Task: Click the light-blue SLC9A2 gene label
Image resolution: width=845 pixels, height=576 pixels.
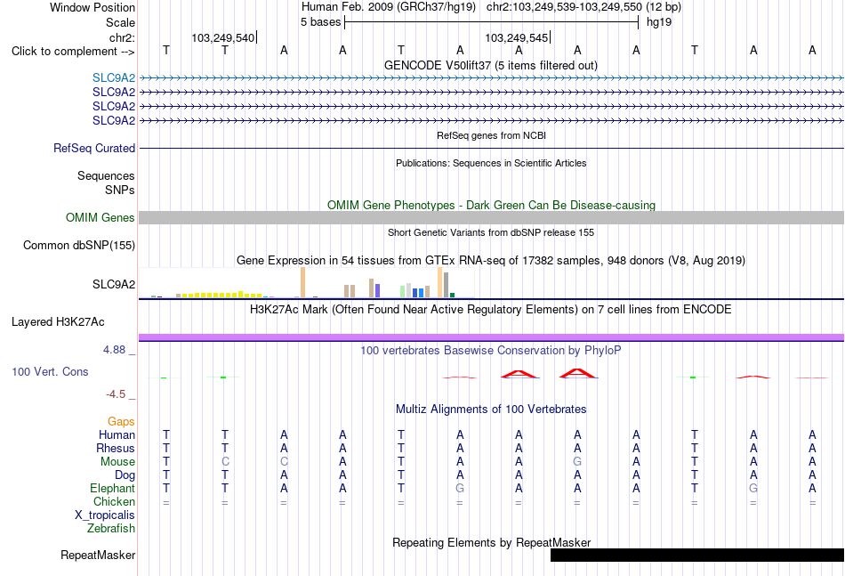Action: tap(114, 77)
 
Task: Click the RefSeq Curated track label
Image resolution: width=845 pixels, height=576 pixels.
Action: tap(94, 149)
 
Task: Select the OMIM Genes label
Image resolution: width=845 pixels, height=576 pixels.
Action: tap(101, 217)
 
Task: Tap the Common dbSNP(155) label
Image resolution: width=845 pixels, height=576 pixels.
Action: tap(79, 246)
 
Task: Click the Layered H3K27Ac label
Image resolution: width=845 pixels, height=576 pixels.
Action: tap(58, 322)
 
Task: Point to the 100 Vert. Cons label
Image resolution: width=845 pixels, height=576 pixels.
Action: tap(50, 371)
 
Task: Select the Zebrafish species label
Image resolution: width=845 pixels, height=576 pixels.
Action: tap(111, 529)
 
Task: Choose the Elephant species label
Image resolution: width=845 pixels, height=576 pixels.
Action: tap(113, 488)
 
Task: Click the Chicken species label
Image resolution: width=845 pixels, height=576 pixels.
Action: tap(114, 501)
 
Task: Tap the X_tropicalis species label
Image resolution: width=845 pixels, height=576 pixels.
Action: tap(105, 515)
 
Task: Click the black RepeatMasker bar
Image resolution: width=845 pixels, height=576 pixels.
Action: tap(696, 555)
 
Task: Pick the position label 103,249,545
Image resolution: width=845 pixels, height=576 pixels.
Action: tap(516, 37)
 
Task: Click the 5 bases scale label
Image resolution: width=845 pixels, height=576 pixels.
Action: tap(320, 22)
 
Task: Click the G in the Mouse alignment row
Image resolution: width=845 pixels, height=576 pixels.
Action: tap(577, 462)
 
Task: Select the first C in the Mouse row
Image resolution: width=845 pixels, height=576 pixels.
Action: tap(225, 462)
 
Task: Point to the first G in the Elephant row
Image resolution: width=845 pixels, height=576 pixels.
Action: tap(460, 488)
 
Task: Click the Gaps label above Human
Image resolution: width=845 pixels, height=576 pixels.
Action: tap(121, 422)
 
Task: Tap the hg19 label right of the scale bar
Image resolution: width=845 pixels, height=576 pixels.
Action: tap(659, 22)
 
